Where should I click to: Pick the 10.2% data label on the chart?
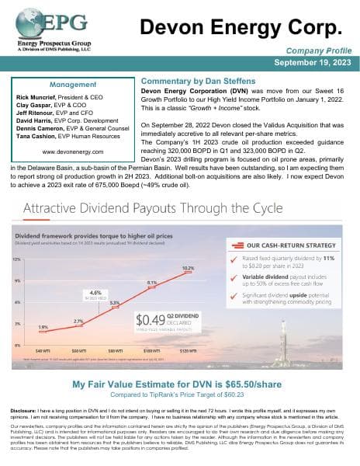[x=186, y=268]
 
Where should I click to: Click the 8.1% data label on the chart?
[x=152, y=283]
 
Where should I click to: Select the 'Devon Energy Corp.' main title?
[x=240, y=28]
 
